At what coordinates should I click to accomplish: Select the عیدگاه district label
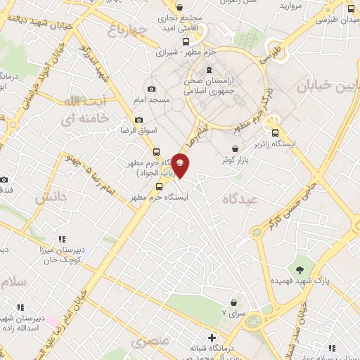[x=241, y=200]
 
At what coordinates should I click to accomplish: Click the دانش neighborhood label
[x=51, y=198]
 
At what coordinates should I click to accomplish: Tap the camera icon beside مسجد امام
[x=152, y=89]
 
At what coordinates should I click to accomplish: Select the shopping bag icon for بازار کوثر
[x=243, y=148]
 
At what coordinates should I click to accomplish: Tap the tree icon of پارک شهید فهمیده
[x=300, y=270]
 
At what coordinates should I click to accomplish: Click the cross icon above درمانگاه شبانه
[x=212, y=337]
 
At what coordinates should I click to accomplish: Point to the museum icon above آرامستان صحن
[x=209, y=70]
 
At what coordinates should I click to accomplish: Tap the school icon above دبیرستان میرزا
[x=62, y=239]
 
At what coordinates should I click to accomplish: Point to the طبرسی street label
[x=271, y=55]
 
